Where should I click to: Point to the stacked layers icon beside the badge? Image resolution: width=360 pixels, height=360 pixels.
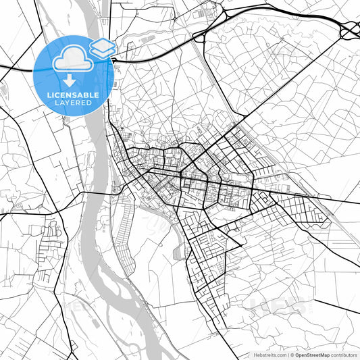pos(103,48)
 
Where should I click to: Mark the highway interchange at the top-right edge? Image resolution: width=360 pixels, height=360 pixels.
pos(350,30)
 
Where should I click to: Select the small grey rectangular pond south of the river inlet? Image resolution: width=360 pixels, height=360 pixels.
pos(178,253)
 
